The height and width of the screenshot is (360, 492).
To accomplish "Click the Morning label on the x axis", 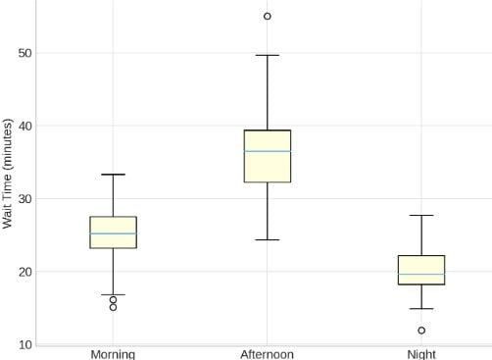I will [x=113, y=353].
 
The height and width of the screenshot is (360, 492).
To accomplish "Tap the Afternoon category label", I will [x=267, y=353].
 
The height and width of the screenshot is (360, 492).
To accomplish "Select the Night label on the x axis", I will [x=421, y=353].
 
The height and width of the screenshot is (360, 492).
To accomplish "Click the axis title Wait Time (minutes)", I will [x=8, y=174].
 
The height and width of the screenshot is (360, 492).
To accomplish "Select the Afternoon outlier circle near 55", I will [x=267, y=17].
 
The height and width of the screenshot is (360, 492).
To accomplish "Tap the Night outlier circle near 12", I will [x=421, y=331].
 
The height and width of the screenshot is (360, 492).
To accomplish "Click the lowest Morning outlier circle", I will [x=113, y=307].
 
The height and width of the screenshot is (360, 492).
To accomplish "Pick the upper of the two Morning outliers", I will [x=113, y=299].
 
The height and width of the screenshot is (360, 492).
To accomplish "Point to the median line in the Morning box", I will [x=113, y=233].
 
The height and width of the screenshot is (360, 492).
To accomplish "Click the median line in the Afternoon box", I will [x=267, y=151].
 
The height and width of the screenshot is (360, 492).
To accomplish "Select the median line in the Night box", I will [x=421, y=274].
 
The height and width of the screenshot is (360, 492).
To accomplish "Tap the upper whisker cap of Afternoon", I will [x=267, y=55].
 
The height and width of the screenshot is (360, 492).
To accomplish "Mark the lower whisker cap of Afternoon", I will [x=267, y=239].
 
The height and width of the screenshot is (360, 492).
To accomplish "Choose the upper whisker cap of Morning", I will [x=113, y=175].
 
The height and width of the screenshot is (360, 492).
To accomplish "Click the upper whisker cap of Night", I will [x=421, y=215].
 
